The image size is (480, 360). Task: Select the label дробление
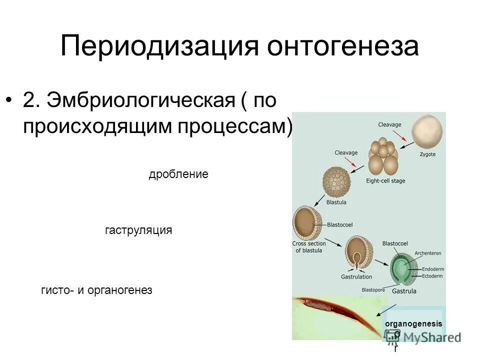[x=178, y=174]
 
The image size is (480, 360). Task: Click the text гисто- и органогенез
[x=96, y=290]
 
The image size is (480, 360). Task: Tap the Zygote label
[x=427, y=154]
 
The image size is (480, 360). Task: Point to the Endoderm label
[x=432, y=269]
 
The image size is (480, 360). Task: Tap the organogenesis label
[x=413, y=324]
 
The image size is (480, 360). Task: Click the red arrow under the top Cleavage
[x=398, y=135]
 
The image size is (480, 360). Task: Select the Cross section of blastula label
[x=309, y=247]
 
